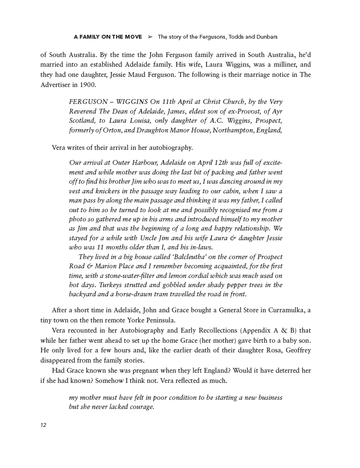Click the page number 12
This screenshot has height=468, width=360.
coord(44,425)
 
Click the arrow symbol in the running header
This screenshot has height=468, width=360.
coord(150,37)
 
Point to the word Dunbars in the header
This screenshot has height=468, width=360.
coord(264,37)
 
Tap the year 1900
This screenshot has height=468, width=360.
coord(85,85)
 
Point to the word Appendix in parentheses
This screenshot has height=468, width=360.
coord(256,331)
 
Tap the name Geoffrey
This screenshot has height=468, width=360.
coord(293,350)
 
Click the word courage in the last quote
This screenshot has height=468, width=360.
coord(139,407)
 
